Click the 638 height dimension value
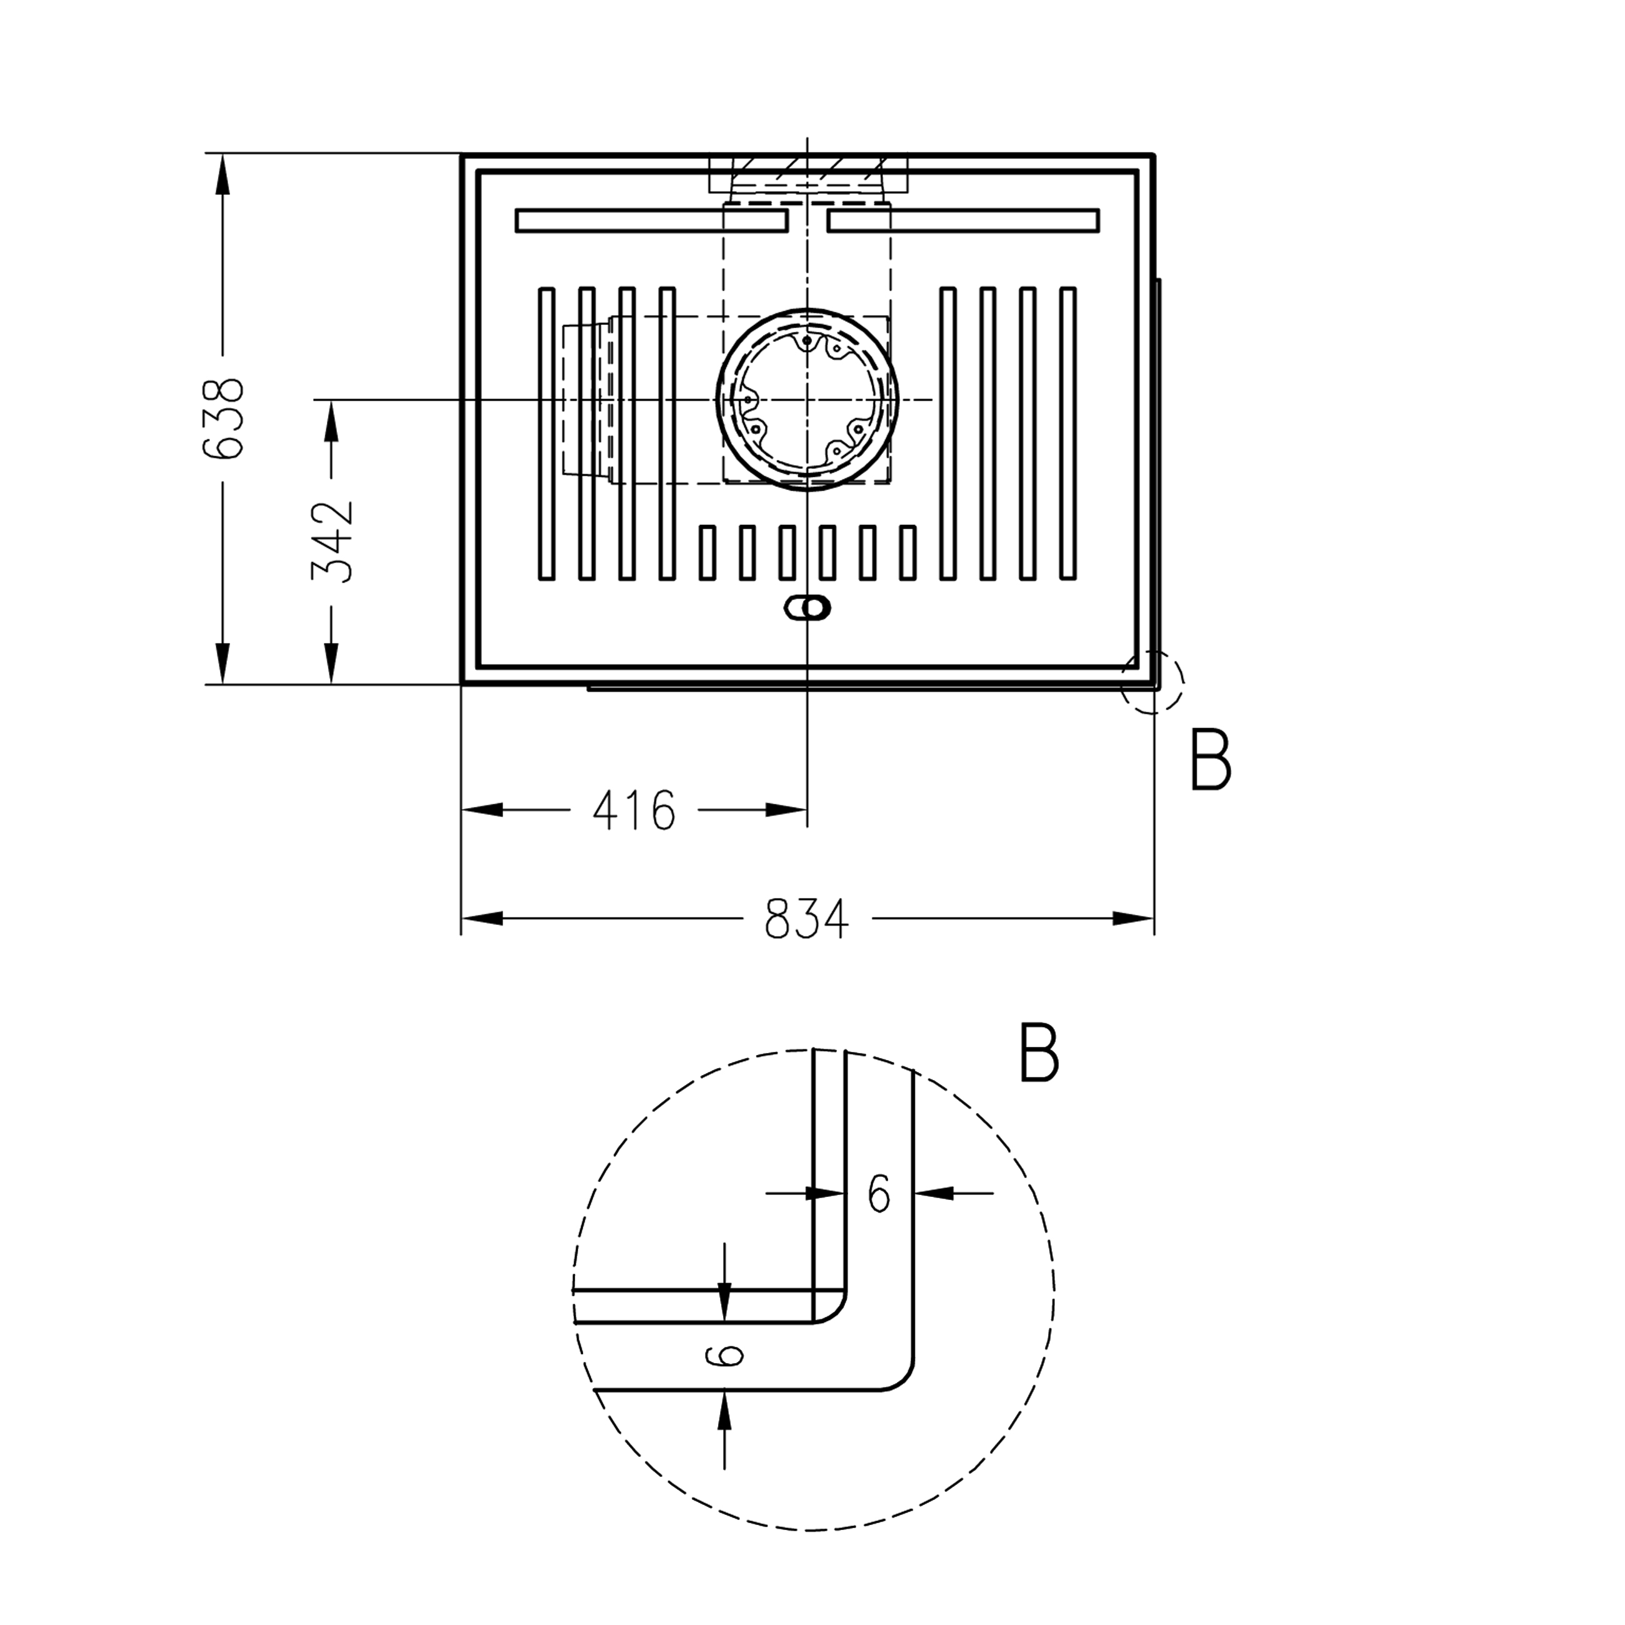tap(224, 418)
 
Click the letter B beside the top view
tap(1211, 761)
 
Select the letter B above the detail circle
tap(1038, 1052)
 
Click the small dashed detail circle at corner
tap(1152, 681)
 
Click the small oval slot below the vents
tap(807, 607)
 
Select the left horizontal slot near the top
tap(651, 221)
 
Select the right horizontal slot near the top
tap(963, 221)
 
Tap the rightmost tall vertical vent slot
tap(1068, 433)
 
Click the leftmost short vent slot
tap(707, 552)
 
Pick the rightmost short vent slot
tap(907, 552)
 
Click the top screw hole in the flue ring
tap(807, 341)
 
